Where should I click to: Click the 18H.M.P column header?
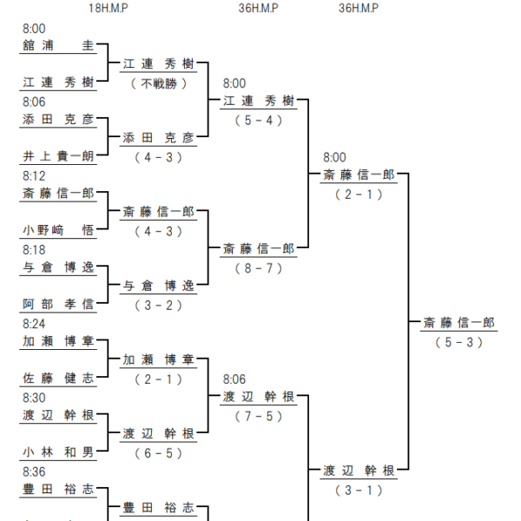(x=109, y=8)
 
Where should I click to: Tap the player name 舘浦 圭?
(x=58, y=45)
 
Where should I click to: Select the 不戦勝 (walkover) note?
(x=159, y=83)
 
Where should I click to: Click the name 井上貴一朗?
(x=58, y=156)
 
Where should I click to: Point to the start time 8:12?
(x=34, y=176)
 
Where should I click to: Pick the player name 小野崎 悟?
(x=58, y=230)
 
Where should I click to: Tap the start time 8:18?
(x=34, y=250)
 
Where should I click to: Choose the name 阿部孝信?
(x=58, y=304)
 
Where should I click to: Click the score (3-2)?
(x=159, y=306)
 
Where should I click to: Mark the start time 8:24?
(x=34, y=324)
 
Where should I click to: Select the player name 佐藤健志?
(x=58, y=378)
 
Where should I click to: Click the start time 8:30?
(x=34, y=398)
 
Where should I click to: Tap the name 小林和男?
(x=58, y=452)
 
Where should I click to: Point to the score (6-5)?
(x=159, y=453)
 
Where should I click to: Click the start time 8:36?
(x=34, y=472)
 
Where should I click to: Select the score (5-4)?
(x=259, y=121)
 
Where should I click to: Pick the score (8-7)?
(x=259, y=268)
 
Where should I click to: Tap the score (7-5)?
(x=259, y=416)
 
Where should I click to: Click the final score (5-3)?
(x=459, y=342)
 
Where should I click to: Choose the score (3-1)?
(x=359, y=491)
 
